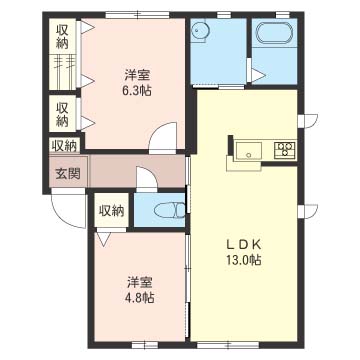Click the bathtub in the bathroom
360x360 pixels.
pos(274,33)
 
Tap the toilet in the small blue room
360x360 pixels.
pos(170,211)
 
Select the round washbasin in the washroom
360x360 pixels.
pos(200,31)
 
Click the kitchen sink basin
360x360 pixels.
pos(248,151)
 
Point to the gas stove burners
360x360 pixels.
pos(285,148)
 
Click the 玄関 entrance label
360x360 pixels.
pos(68,174)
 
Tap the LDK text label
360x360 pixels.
pos(243,245)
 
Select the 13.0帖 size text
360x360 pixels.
pos(243,260)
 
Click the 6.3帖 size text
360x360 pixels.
pos(136,90)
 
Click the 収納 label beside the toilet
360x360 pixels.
pos(112,211)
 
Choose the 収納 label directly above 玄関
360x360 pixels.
pos(65,146)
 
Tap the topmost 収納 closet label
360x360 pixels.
pos(62,37)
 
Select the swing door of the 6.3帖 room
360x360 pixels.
pos(163,137)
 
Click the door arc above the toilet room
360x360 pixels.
pos(146,178)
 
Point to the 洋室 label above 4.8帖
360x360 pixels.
pos(139,283)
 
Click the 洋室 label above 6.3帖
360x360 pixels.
pos(137,76)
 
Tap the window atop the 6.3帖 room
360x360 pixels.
pos(138,15)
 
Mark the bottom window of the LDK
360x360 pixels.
pos(228,345)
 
